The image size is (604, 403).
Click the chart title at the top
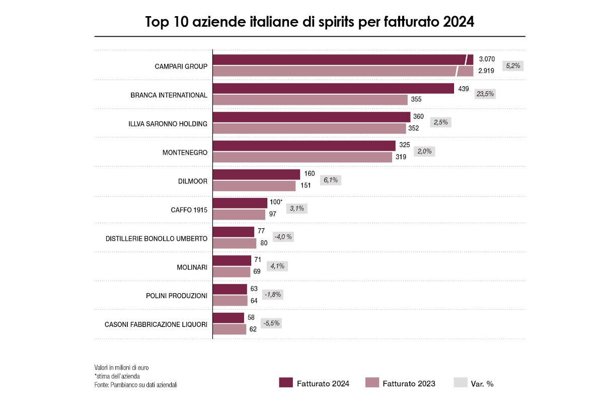click(x=310, y=23)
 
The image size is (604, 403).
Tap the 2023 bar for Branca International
click(x=310, y=100)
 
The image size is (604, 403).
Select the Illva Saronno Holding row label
click(x=168, y=123)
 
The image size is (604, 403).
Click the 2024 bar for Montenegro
click(x=305, y=146)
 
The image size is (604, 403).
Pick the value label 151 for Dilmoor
click(x=305, y=185)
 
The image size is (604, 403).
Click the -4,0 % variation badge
click(x=283, y=237)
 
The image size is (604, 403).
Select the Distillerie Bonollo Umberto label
click(x=157, y=238)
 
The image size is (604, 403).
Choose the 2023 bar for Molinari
click(x=232, y=272)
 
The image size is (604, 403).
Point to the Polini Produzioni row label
click(x=173, y=296)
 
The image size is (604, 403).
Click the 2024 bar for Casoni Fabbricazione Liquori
click(x=229, y=318)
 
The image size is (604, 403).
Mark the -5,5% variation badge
click(x=272, y=323)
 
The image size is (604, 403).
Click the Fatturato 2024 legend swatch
click(x=285, y=383)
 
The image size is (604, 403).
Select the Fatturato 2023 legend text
click(x=409, y=384)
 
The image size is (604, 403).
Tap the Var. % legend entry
click(x=473, y=383)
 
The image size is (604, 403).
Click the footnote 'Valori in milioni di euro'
click(x=121, y=367)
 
